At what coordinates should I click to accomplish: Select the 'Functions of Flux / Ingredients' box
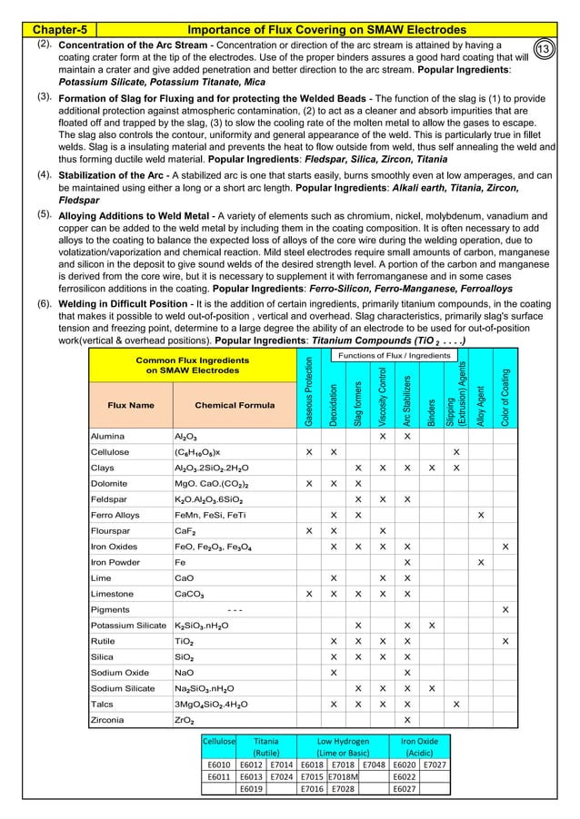tap(395, 355)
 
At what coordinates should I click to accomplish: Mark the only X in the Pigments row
tap(505, 608)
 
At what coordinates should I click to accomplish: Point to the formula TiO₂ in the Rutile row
tap(185, 642)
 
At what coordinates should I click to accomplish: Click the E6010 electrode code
tap(218, 765)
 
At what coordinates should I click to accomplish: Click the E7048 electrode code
tap(374, 765)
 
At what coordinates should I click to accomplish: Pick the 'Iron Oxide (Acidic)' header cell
tap(419, 746)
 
